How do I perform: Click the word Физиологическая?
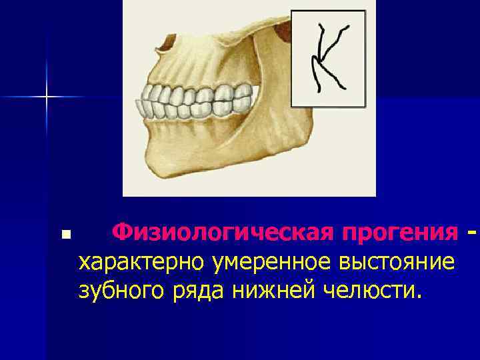point(223,234)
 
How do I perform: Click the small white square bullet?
point(65,235)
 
